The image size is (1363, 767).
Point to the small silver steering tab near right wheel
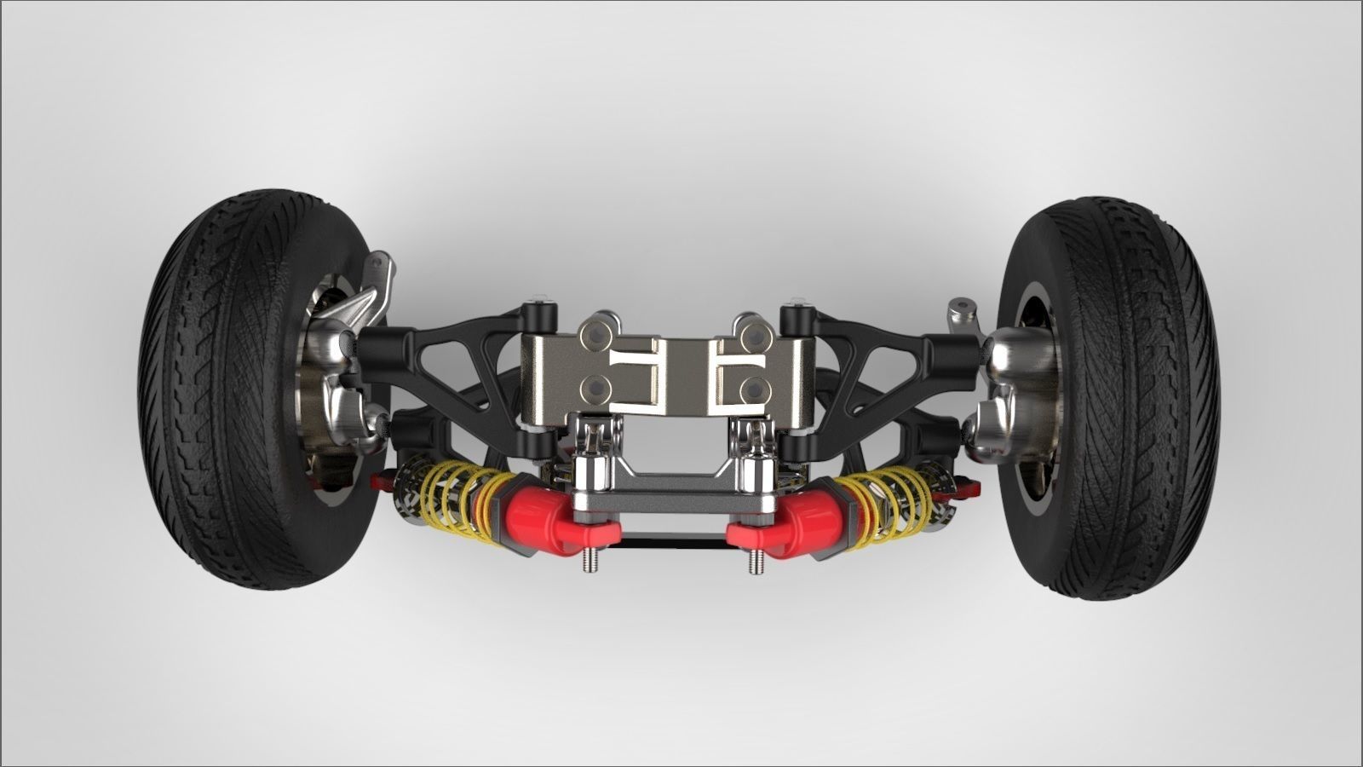point(963,311)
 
